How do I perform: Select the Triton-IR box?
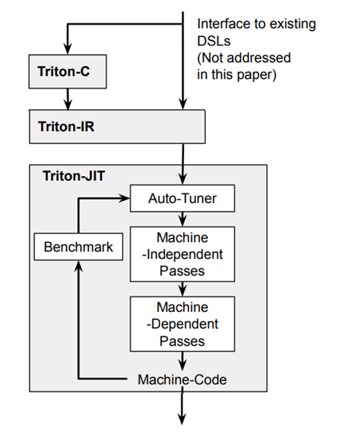[x=117, y=126]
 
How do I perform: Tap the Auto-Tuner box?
[x=183, y=199]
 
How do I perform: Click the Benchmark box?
[x=78, y=247]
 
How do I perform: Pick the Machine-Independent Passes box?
[x=183, y=254]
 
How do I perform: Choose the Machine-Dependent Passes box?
[x=183, y=324]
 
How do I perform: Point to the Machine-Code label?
[x=183, y=380]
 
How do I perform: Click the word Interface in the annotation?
[x=222, y=24]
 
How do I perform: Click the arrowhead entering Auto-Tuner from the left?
[x=126, y=199]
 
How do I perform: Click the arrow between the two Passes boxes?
[x=183, y=289]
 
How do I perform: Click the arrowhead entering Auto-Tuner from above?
[x=183, y=180]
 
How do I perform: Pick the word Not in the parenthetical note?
[x=212, y=58]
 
